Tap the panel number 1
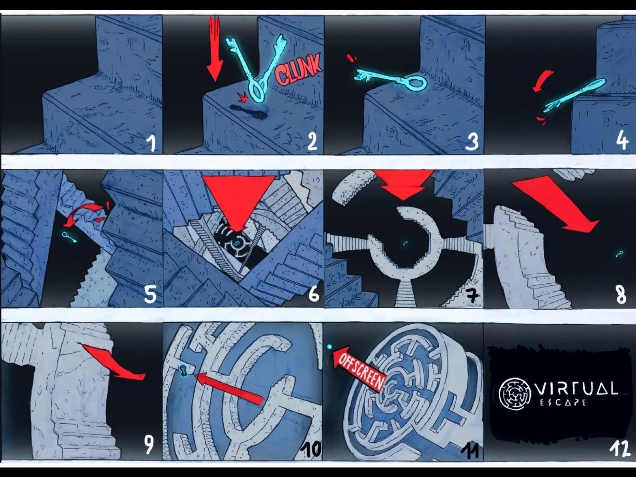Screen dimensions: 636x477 [151, 143]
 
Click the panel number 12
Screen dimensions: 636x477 [619, 449]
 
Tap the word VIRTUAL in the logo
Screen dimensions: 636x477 [576, 388]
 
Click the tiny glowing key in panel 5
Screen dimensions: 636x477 [69, 237]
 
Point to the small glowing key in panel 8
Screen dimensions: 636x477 [619, 254]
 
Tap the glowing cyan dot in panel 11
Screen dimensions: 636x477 [330, 346]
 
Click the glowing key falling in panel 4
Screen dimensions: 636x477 [574, 96]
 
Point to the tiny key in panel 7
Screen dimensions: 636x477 [405, 243]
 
